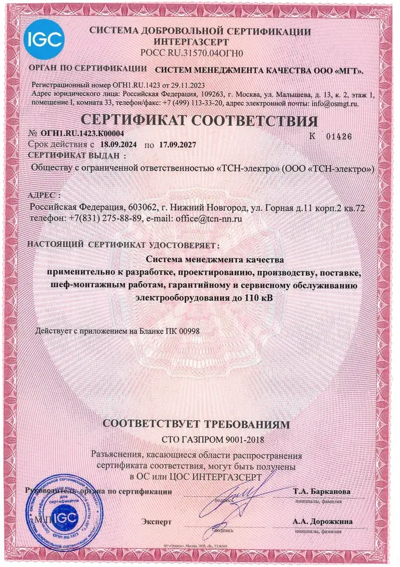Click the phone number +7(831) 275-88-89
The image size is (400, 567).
tap(104, 219)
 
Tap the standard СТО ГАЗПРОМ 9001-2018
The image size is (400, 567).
tap(200, 441)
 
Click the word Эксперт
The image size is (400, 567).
tap(157, 522)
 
